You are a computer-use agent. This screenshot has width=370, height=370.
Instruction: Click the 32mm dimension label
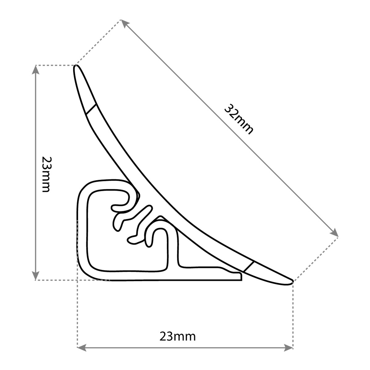(239, 119)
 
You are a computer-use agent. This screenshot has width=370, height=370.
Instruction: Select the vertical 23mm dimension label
(47, 174)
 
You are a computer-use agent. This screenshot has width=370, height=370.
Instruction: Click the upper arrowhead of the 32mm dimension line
(125, 24)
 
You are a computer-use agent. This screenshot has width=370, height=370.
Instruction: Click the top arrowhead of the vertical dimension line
(35, 69)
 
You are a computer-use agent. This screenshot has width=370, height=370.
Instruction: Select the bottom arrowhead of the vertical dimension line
(35, 276)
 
